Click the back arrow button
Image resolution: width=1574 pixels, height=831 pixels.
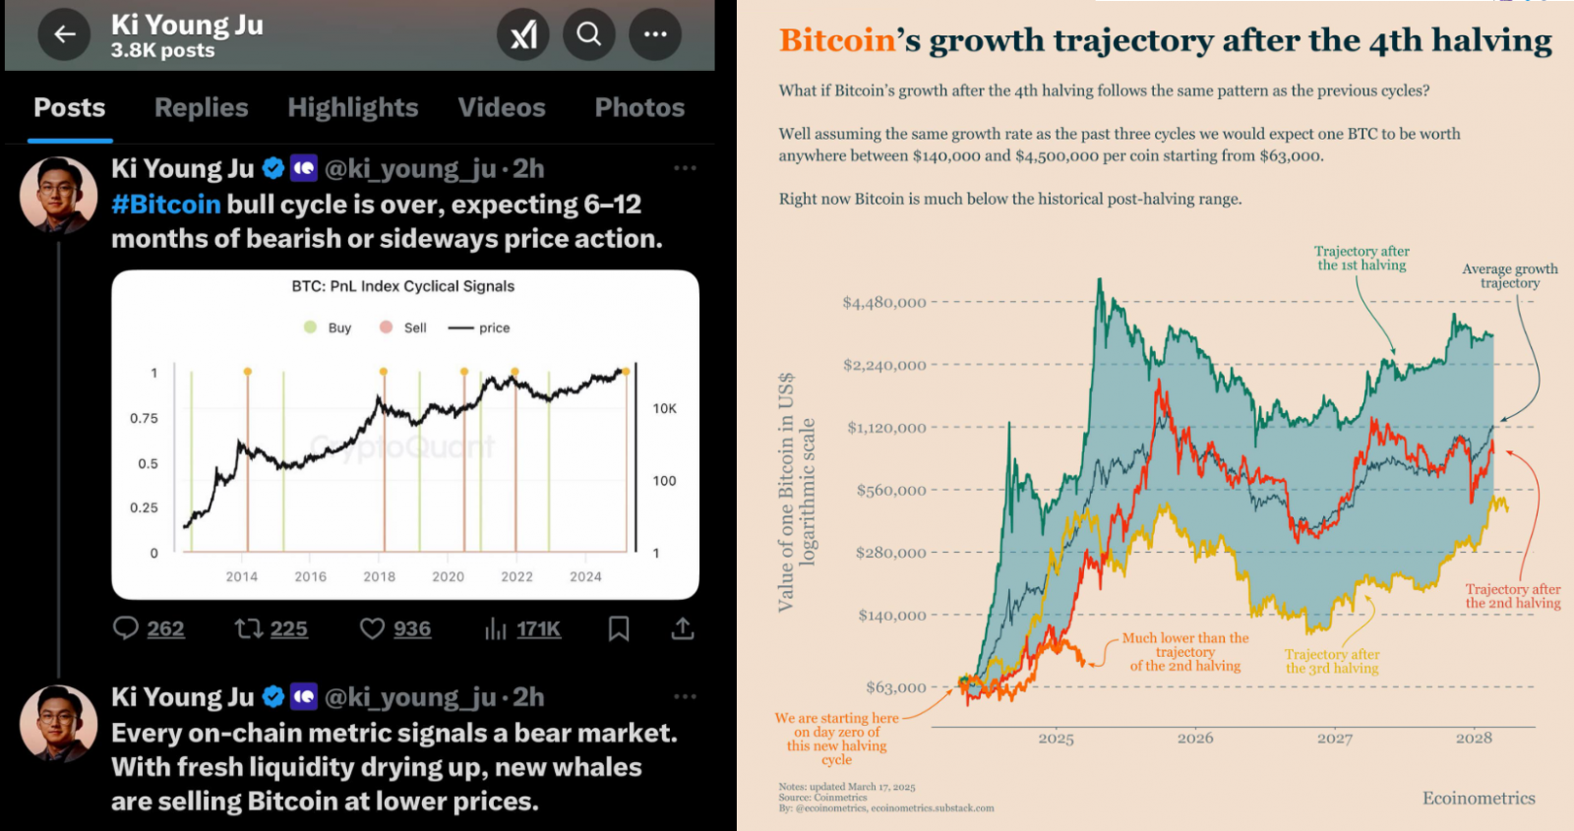point(65,34)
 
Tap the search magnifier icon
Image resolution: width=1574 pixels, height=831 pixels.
point(588,34)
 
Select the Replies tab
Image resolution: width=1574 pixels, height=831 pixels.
point(201,107)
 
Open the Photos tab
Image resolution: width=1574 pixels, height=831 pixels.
point(639,107)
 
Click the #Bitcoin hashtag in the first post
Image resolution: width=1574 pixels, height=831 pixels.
point(165,205)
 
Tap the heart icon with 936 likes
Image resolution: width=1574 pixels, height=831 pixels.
point(372,628)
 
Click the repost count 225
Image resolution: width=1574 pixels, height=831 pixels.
point(288,628)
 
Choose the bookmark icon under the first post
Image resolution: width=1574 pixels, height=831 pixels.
point(619,628)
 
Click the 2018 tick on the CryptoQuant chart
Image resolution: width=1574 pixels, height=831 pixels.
point(379,577)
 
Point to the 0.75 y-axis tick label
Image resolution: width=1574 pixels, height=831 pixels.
point(144,418)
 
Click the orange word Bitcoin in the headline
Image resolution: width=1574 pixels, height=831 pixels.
point(837,40)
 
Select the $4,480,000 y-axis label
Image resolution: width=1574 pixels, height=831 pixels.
point(883,302)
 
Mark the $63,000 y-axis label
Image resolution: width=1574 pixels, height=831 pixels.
point(895,687)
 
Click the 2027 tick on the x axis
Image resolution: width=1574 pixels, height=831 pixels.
point(1334,739)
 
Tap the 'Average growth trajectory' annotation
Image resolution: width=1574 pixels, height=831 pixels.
point(1509,276)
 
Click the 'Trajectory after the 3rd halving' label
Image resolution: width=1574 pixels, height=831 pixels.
point(1332,661)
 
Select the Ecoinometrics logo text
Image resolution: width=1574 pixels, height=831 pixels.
point(1478,799)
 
